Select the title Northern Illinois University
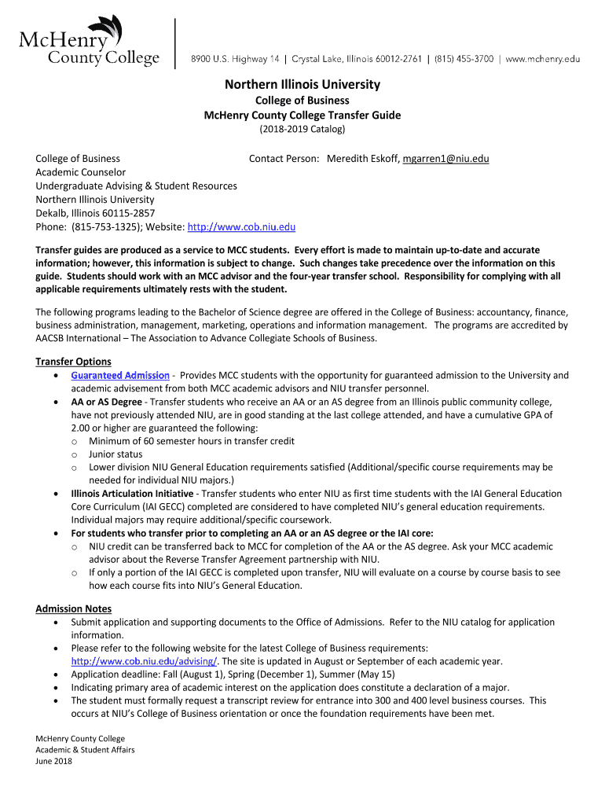coord(302,84)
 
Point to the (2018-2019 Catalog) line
coord(302,129)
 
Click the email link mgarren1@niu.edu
coord(445,159)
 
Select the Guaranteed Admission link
coord(120,375)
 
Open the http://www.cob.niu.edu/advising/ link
coord(144,661)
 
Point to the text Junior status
coord(115,454)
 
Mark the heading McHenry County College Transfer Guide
coord(302,115)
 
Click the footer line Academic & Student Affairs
coord(85,750)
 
